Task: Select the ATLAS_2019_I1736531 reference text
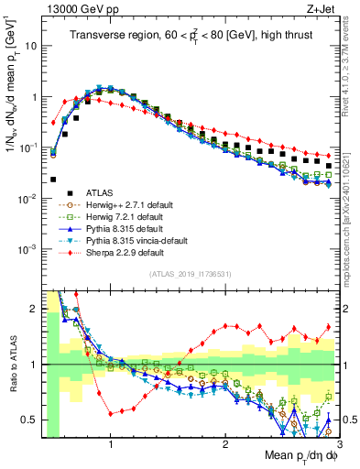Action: click(x=189, y=274)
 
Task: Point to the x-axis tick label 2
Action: click(x=225, y=442)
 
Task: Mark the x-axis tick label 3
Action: click(x=339, y=442)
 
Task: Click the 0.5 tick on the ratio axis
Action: click(x=32, y=420)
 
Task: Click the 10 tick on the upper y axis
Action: click(x=30, y=45)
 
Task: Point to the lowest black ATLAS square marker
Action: click(x=54, y=180)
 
